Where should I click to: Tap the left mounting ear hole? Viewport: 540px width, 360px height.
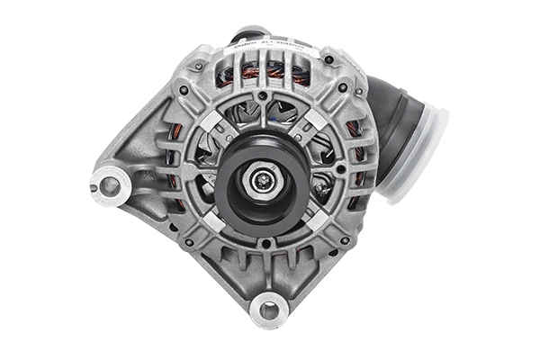pyautogui.click(x=109, y=185)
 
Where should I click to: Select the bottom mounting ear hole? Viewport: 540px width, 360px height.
pyautogui.click(x=267, y=310)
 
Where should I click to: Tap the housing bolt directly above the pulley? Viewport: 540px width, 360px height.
pyautogui.click(x=262, y=94)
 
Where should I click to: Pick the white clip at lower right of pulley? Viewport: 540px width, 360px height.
pyautogui.click(x=318, y=219)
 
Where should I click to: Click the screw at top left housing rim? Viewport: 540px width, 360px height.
pyautogui.click(x=184, y=90)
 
